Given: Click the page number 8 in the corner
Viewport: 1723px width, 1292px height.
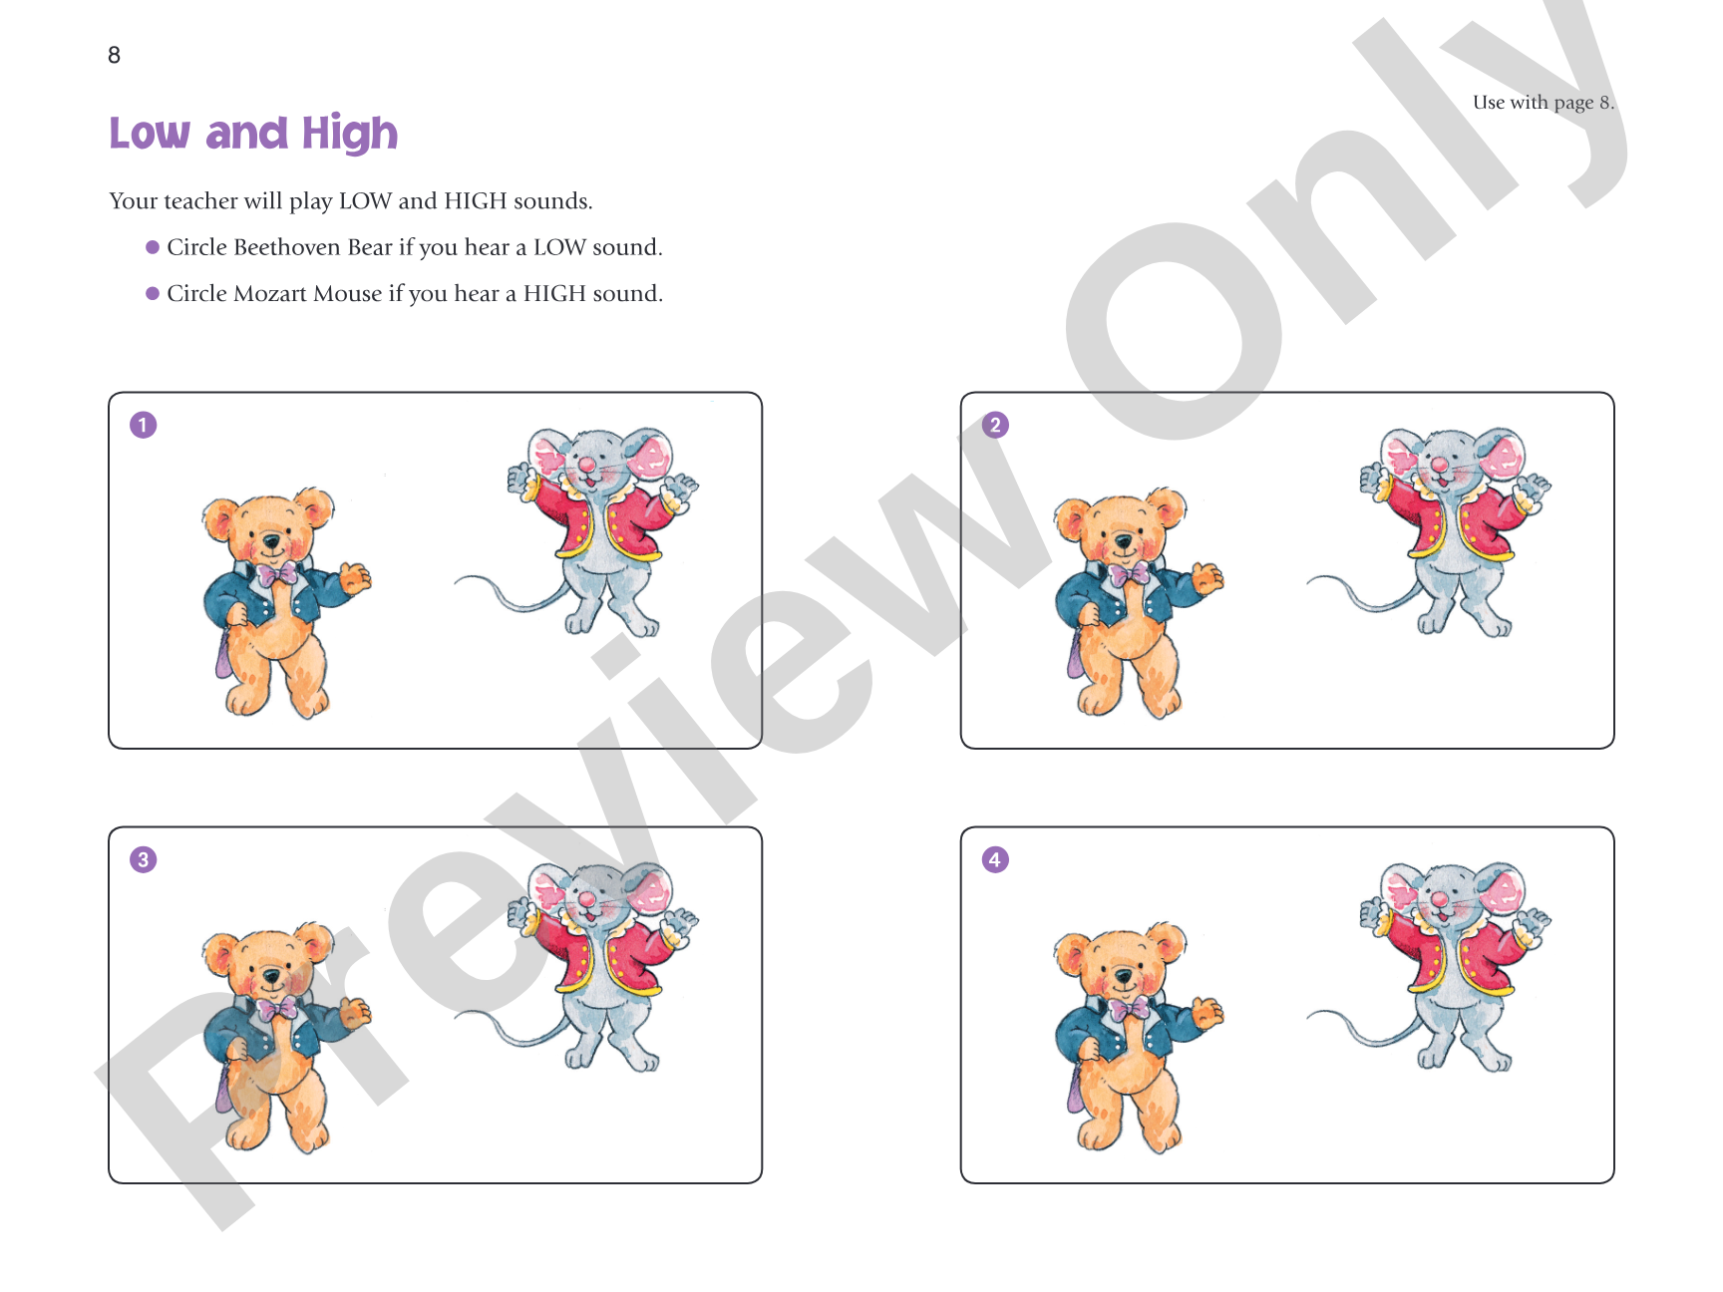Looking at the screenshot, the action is (x=114, y=55).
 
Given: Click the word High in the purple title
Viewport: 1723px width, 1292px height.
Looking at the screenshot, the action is (x=350, y=134).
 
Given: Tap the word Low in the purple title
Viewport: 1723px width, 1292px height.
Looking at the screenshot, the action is (x=150, y=134).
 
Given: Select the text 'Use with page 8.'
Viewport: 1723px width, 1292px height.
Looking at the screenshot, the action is (x=1544, y=102).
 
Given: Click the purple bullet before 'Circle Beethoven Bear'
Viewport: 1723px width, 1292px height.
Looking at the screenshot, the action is (x=153, y=247).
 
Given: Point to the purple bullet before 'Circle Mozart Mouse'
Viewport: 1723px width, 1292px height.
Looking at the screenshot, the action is (x=153, y=293).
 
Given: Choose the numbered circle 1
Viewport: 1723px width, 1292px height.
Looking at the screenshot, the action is (x=144, y=425).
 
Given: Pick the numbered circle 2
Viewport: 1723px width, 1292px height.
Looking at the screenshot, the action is (x=995, y=425).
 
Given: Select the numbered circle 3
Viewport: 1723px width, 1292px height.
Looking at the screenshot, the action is (x=144, y=859).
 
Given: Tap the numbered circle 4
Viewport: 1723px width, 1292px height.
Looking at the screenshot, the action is (x=995, y=859).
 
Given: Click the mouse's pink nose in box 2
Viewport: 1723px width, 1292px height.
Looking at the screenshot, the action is (x=1439, y=465).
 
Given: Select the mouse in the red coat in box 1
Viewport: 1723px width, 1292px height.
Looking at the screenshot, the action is (x=578, y=532).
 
